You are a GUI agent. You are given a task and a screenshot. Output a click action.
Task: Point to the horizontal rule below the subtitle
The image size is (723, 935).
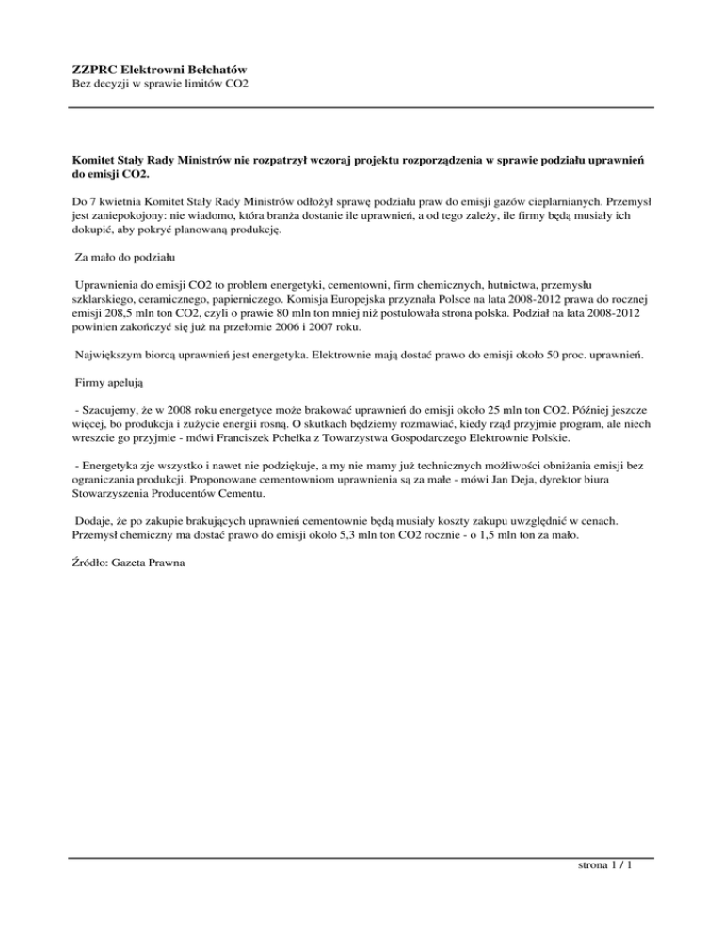pyautogui.click(x=362, y=107)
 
